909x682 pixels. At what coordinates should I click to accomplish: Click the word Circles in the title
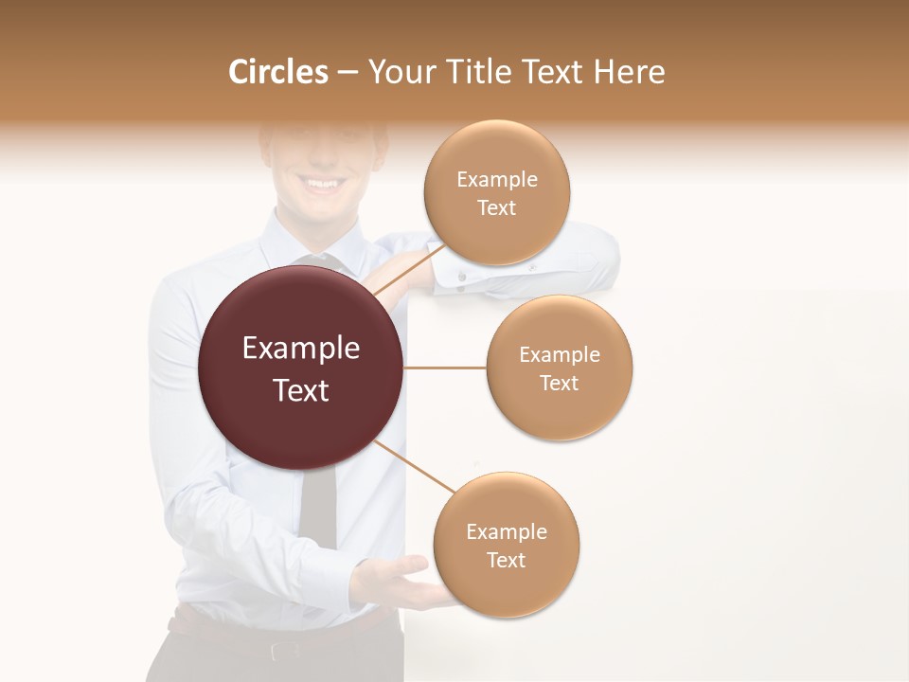pos(278,72)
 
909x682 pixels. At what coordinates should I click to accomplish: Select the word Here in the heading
pos(629,72)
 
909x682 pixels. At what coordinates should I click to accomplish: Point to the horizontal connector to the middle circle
pos(445,368)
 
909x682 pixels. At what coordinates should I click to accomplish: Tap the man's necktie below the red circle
pos(317,507)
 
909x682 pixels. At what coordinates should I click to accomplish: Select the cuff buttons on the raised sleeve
pos(462,277)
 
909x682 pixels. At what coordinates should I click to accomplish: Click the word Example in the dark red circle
pos(301,349)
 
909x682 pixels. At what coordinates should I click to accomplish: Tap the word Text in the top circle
pos(496,208)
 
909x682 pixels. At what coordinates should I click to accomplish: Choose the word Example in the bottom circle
pos(506,531)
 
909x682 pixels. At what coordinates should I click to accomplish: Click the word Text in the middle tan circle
pos(559,383)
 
